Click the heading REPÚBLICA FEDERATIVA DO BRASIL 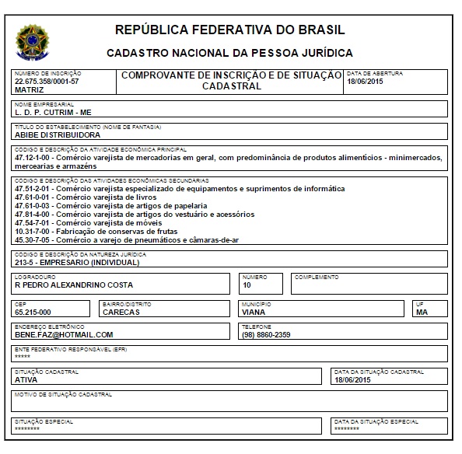click(229, 31)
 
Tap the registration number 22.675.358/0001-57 click(47, 81)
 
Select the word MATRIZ click(30, 89)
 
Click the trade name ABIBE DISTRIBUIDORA click(58, 134)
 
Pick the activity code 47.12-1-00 click(34, 157)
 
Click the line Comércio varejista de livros click(124, 197)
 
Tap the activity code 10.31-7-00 click(34, 232)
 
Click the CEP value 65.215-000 click(33, 313)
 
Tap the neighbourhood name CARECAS click(120, 313)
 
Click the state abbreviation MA click(422, 313)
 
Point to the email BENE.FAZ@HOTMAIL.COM click(64, 334)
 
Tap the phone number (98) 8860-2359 click(266, 334)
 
